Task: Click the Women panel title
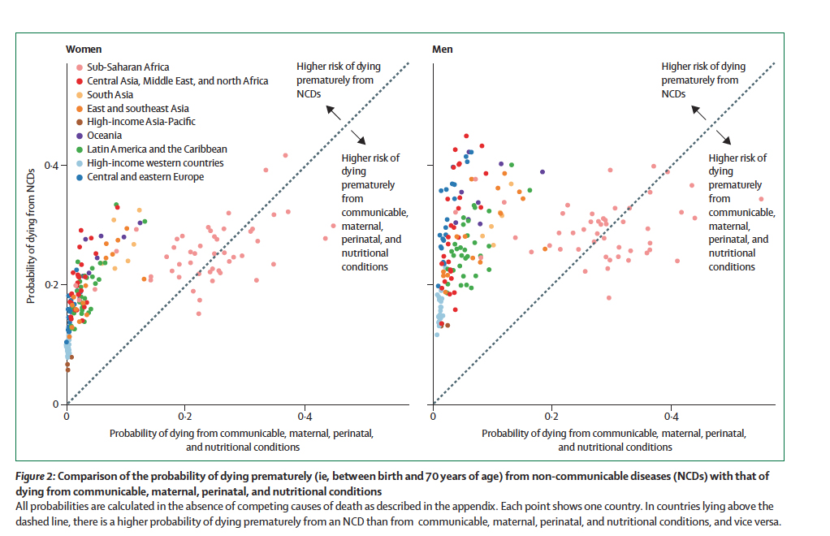tap(84, 50)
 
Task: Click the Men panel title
tap(442, 50)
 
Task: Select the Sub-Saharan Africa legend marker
tap(79, 67)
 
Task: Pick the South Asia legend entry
tap(104, 95)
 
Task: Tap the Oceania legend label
tap(105, 136)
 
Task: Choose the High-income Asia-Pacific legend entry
tap(140, 122)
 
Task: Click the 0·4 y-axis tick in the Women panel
tap(50, 166)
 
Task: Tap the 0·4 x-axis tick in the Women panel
tap(305, 416)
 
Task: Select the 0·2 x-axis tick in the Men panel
tap(551, 416)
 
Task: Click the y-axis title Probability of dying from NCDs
tap(31, 241)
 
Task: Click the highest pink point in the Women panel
tap(285, 155)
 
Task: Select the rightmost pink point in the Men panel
tap(761, 199)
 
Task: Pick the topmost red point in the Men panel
tap(466, 136)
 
